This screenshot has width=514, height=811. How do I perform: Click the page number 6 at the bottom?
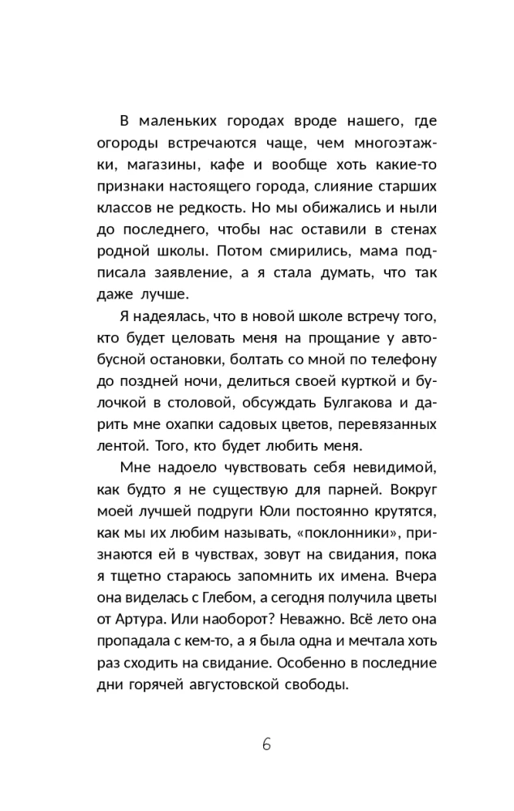point(266,745)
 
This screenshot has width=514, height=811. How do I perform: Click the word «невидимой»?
point(398,469)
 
